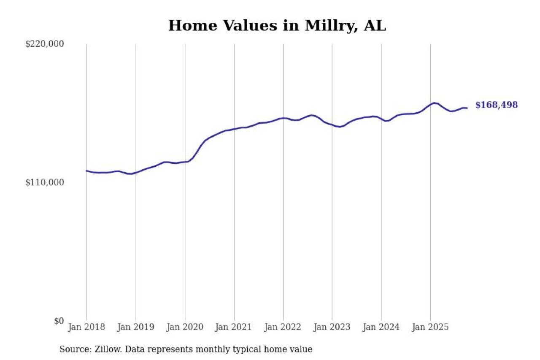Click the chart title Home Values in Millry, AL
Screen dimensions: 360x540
(277, 26)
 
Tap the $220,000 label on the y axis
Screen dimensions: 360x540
(45, 44)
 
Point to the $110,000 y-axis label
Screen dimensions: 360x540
(45, 182)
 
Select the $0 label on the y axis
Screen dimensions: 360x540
(58, 321)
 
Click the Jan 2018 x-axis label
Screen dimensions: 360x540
(86, 328)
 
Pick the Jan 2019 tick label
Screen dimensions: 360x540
(136, 328)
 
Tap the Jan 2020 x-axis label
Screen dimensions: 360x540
(185, 328)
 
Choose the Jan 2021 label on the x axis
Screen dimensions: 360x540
(234, 328)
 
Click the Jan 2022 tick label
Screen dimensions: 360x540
(283, 328)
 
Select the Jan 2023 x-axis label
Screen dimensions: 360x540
(332, 328)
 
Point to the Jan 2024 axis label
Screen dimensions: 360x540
(381, 328)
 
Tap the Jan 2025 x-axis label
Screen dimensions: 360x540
(430, 328)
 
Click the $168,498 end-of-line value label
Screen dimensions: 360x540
(497, 105)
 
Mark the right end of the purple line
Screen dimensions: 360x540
(467, 108)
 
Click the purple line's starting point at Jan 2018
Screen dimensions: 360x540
(86, 171)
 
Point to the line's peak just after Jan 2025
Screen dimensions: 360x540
(435, 103)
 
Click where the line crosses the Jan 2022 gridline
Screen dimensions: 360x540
(283, 118)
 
